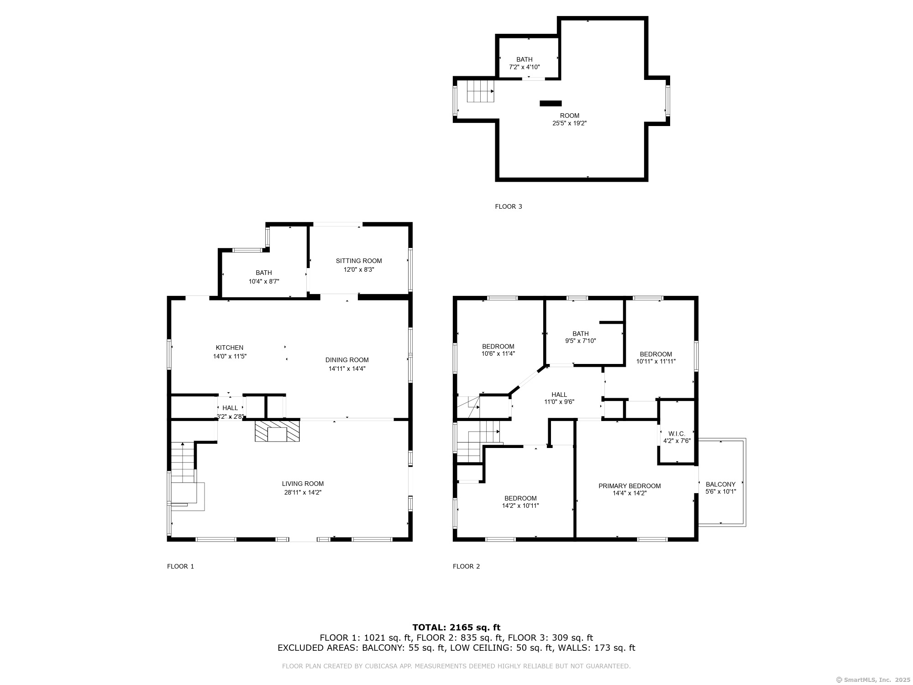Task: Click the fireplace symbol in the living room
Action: [278, 431]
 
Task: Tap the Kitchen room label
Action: [230, 348]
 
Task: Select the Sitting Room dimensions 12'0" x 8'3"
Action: [359, 269]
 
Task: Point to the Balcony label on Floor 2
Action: [720, 484]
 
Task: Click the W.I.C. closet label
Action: [677, 433]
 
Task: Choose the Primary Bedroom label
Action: [630, 486]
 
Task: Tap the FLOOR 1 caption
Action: [180, 566]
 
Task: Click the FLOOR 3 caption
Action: [508, 206]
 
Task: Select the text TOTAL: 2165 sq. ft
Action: [456, 627]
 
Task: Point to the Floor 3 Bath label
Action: [524, 59]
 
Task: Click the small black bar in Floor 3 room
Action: [551, 103]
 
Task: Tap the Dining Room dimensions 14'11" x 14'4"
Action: [347, 369]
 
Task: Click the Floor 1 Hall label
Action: [230, 408]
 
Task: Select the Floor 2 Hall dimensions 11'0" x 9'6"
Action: [559, 402]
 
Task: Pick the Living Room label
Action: [303, 484]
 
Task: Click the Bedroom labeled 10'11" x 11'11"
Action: [656, 354]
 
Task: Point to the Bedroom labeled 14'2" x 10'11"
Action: [520, 498]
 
